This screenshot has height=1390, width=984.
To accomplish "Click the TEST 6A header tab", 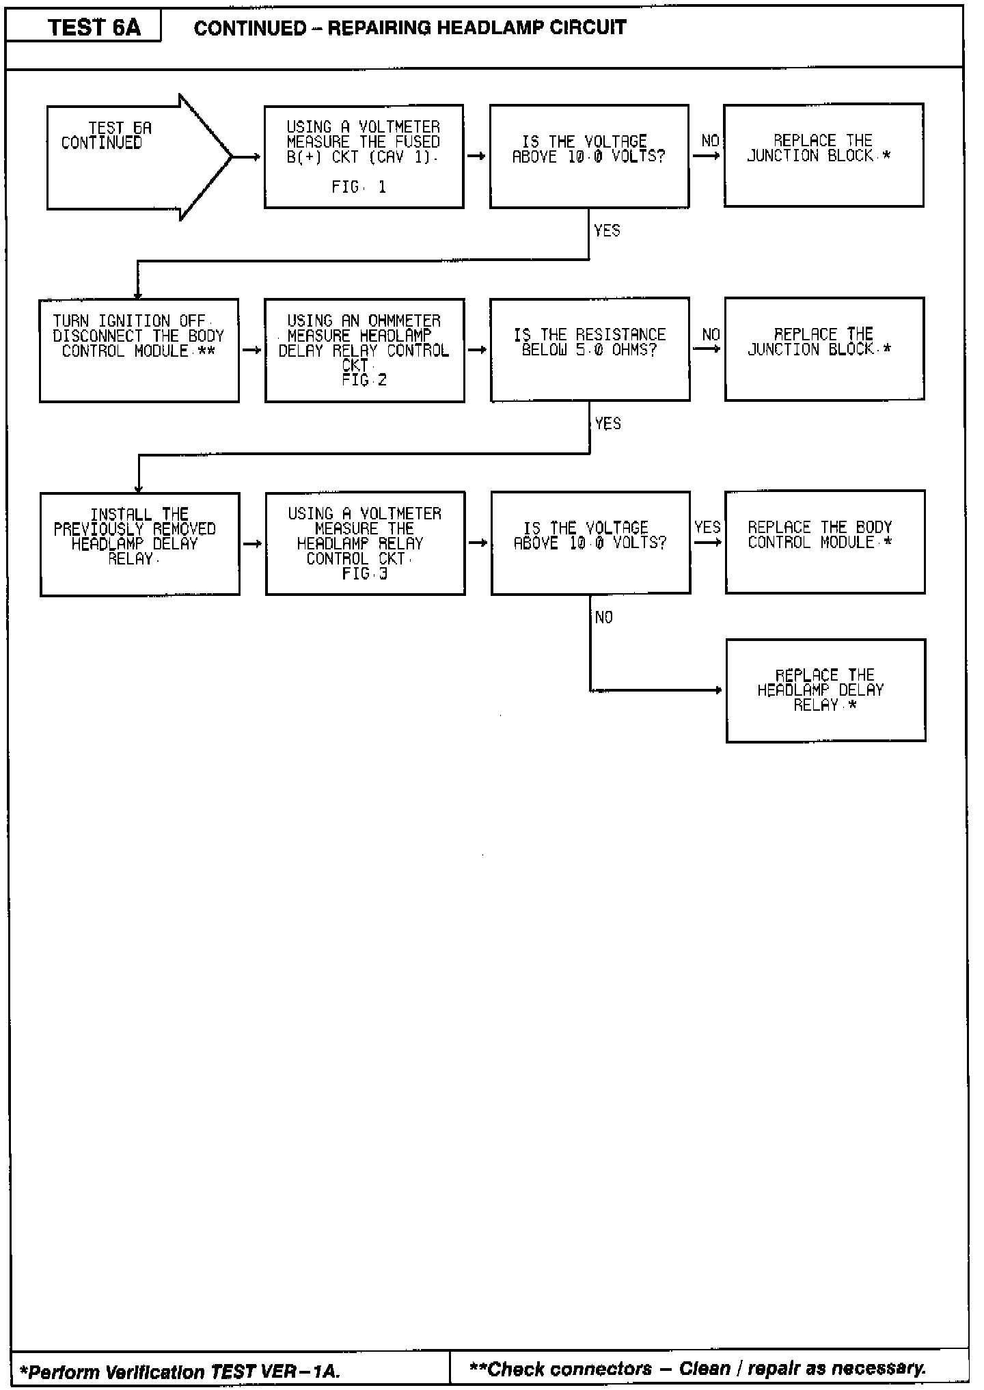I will coord(94,27).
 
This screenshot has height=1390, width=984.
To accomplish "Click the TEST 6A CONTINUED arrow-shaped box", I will coord(130,156).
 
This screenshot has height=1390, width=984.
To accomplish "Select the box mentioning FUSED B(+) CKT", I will coord(364,156).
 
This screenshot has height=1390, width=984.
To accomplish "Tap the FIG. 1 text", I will coord(359,187).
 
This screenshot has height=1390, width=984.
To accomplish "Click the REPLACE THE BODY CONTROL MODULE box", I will coord(825,542).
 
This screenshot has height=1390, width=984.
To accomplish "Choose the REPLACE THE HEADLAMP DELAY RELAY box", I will coord(825,690).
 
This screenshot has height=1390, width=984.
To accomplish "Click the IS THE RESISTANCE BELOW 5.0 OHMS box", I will coord(590,349).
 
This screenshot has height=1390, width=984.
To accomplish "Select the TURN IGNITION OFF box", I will coord(139,350).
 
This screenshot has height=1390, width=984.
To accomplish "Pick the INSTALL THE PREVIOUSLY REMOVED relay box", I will coord(139,544).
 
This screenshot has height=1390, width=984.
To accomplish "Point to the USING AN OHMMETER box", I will coord(364,350).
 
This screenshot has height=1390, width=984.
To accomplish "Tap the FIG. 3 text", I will coord(365,574).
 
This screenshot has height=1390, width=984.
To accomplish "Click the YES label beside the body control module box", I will coord(707,528).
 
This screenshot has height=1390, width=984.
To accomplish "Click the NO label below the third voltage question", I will coord(604,618).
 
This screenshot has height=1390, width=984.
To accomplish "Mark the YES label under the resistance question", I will coord(607,424).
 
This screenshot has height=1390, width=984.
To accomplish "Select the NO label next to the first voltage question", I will coord(710,141).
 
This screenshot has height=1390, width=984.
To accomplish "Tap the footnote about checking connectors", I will coord(698,1369).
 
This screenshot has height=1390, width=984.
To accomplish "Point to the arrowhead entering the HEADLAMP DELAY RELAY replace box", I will coord(718,690).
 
